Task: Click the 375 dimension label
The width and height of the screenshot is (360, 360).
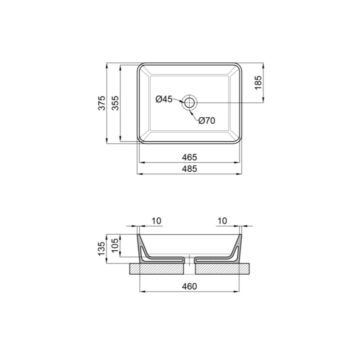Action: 102,103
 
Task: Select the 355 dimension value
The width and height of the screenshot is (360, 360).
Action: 115,103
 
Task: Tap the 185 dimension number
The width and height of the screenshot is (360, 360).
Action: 258,83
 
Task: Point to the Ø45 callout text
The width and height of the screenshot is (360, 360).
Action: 164,99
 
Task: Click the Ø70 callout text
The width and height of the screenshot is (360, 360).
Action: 207,121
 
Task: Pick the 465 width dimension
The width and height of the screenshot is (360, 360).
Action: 189,157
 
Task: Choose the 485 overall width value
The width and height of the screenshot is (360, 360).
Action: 189,169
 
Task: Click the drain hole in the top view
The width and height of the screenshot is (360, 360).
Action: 189,103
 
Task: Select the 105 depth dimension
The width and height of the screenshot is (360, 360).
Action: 115,245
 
